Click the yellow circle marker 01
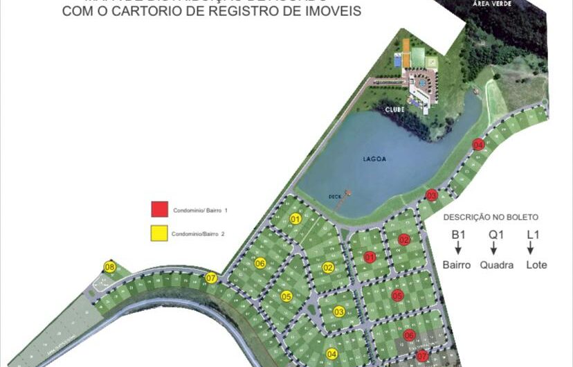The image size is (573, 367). coord(295,219)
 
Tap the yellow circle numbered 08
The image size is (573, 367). coord(109,267)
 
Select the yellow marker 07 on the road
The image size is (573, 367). coord(211,278)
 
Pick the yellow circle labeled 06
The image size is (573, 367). coord(260,263)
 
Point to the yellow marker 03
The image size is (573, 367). coord(339,312)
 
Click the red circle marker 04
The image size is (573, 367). coord(478,145)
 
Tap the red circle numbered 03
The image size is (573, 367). coord(432,195)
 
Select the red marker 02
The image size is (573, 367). coord(404,240)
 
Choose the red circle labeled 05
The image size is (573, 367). coord(397,296)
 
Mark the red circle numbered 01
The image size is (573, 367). coord(370,257)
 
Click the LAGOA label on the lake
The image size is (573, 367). coord(374,159)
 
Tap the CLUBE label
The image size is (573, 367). coord(394,109)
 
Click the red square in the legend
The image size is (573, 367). coord(159,209)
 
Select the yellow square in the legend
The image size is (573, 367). coord(159,233)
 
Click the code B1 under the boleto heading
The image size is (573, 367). coord(457,234)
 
